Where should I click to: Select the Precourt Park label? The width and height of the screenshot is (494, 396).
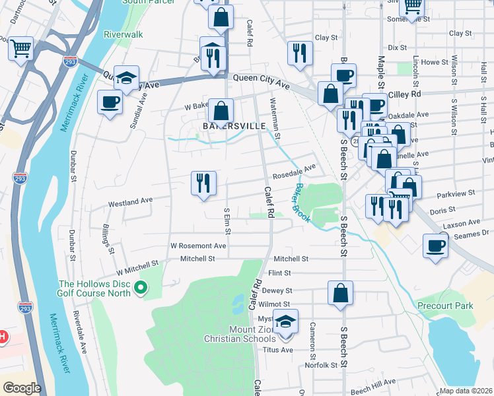click(x=445, y=306)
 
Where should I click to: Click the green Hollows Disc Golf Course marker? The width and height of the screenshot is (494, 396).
click(x=140, y=287)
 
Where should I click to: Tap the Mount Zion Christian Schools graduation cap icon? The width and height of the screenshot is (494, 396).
click(x=285, y=322)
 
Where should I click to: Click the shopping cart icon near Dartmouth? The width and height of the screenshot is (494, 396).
click(x=20, y=48)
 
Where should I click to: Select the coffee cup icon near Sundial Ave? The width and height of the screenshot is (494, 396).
click(x=110, y=102)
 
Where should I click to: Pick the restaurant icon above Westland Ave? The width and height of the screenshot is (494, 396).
click(x=203, y=183)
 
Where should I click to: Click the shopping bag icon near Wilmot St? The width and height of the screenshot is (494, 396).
click(x=340, y=293)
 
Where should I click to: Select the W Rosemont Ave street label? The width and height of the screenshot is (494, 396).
click(x=198, y=246)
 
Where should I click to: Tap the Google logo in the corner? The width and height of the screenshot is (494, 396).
click(x=21, y=388)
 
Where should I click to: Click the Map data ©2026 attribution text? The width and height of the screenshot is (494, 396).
click(x=466, y=391)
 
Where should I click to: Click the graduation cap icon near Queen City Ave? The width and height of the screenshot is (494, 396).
click(x=126, y=77)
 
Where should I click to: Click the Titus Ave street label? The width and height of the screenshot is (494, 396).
click(x=277, y=350)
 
